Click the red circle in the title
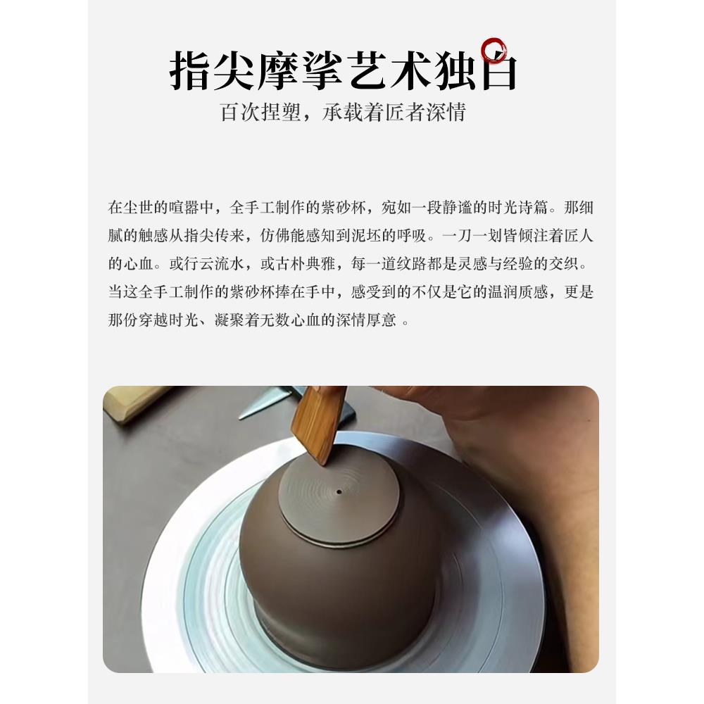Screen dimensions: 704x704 click(495, 51)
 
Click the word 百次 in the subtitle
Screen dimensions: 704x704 click(241, 112)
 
